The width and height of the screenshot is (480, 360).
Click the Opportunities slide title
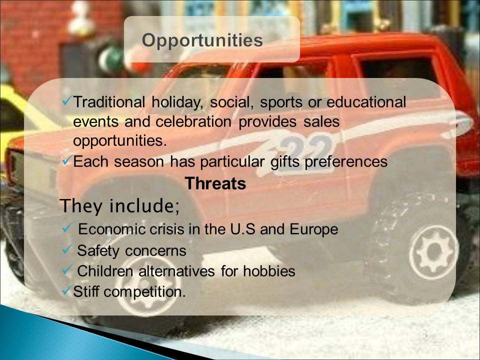coord(202,40)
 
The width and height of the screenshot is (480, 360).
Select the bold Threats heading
coord(215,183)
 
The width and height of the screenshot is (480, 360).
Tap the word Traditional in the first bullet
coord(109,102)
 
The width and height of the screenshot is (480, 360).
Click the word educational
coord(366,102)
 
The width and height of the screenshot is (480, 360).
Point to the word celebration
coord(193,121)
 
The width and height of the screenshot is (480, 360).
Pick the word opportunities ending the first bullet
coord(119,141)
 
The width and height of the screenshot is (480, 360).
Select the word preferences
coord(346,161)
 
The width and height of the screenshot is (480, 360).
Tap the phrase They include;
coord(119,205)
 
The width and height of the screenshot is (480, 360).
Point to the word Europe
coord(314,229)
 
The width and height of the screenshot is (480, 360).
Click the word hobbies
coord(269,271)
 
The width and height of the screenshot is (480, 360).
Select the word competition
coord(144,291)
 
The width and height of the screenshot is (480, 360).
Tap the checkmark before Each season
coord(67,160)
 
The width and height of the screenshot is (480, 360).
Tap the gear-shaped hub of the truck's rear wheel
coord(433,251)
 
